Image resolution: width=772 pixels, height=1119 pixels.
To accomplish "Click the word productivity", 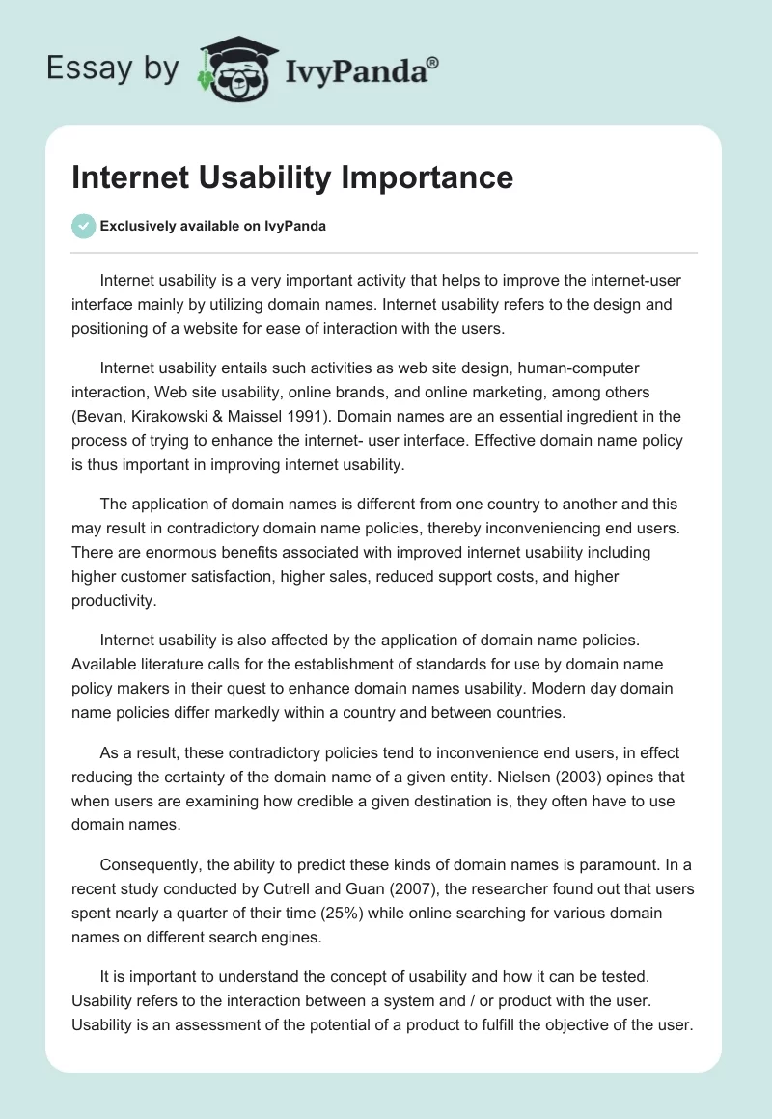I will pos(112,601).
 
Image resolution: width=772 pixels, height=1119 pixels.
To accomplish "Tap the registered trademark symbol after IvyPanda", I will pos(433,62).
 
